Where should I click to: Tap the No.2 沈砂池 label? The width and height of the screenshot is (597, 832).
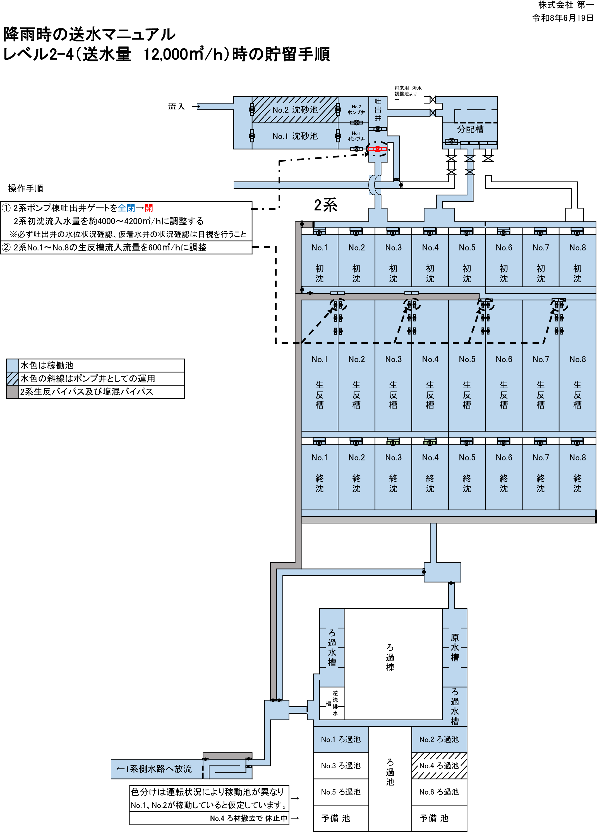(295, 110)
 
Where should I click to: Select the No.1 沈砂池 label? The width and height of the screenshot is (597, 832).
(295, 136)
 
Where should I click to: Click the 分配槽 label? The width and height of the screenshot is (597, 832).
(470, 129)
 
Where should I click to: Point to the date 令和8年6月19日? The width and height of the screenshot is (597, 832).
(563, 18)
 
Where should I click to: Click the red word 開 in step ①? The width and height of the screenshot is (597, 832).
(149, 208)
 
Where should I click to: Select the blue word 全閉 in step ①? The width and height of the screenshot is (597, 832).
(126, 208)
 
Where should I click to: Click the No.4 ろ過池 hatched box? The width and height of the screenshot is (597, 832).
(439, 766)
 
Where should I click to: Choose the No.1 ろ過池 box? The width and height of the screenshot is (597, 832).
(341, 739)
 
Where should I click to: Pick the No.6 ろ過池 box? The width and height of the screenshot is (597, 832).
(439, 792)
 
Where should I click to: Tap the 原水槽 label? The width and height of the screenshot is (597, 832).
(455, 647)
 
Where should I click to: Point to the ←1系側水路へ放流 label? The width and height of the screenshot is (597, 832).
(154, 769)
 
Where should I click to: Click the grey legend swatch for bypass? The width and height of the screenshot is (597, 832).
(13, 392)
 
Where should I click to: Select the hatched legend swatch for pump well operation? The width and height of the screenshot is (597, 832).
(13, 379)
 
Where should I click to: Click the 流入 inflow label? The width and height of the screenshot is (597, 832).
(176, 106)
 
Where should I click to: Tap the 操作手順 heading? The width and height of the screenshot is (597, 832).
(26, 188)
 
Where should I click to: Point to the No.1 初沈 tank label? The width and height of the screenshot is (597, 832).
(319, 263)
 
